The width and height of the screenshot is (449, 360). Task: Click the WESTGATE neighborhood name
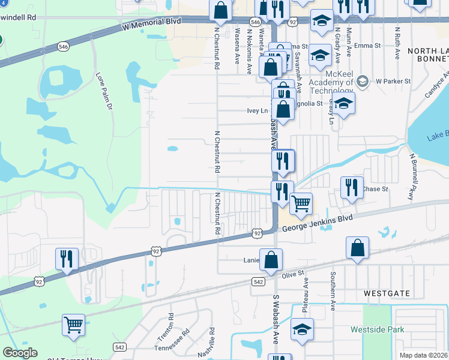coord(387,293)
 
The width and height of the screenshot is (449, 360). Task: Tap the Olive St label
coord(294,274)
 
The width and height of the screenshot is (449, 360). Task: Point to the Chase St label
coord(376,189)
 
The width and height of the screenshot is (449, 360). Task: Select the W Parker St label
coord(393,81)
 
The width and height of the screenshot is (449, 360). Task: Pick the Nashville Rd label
coord(209,343)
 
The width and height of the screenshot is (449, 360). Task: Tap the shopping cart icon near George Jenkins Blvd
coord(301,203)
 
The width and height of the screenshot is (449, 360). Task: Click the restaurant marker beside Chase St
coord(352,187)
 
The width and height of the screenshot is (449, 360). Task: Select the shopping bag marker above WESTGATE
coord(357,247)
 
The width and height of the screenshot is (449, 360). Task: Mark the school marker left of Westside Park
coord(302,329)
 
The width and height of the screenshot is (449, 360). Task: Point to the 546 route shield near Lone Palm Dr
coord(63,46)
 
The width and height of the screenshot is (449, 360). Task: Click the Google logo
coord(20,353)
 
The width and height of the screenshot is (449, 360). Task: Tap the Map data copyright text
coord(423,355)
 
